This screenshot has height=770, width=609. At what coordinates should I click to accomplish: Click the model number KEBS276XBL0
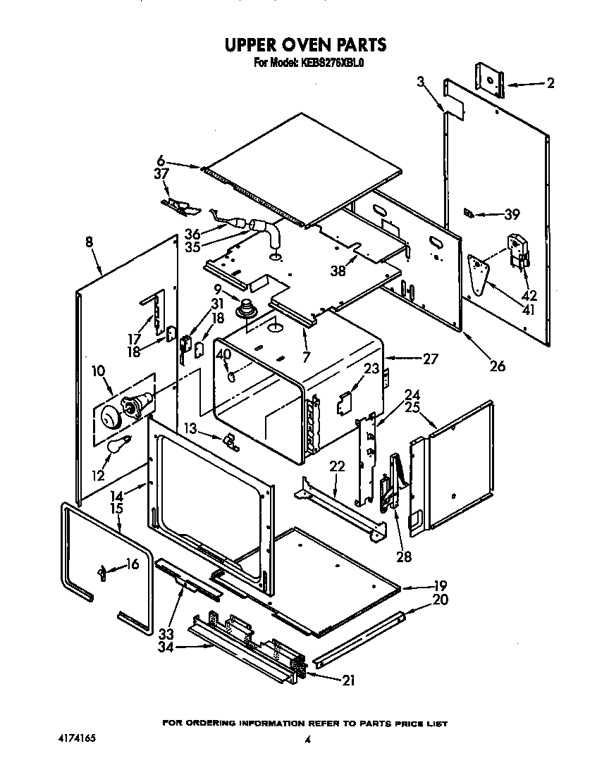tap(333, 62)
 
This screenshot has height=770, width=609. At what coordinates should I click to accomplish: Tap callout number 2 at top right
tap(550, 84)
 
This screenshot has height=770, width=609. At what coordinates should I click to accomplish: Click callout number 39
tap(511, 214)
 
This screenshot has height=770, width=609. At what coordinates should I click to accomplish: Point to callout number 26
tap(498, 366)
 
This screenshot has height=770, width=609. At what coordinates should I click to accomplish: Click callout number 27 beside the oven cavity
tap(430, 359)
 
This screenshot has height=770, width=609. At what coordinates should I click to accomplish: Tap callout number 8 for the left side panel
tap(89, 242)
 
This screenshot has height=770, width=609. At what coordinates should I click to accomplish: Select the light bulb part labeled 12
tap(119, 444)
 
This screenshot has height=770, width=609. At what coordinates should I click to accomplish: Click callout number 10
tap(97, 369)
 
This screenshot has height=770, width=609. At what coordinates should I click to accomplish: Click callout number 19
tap(441, 585)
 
